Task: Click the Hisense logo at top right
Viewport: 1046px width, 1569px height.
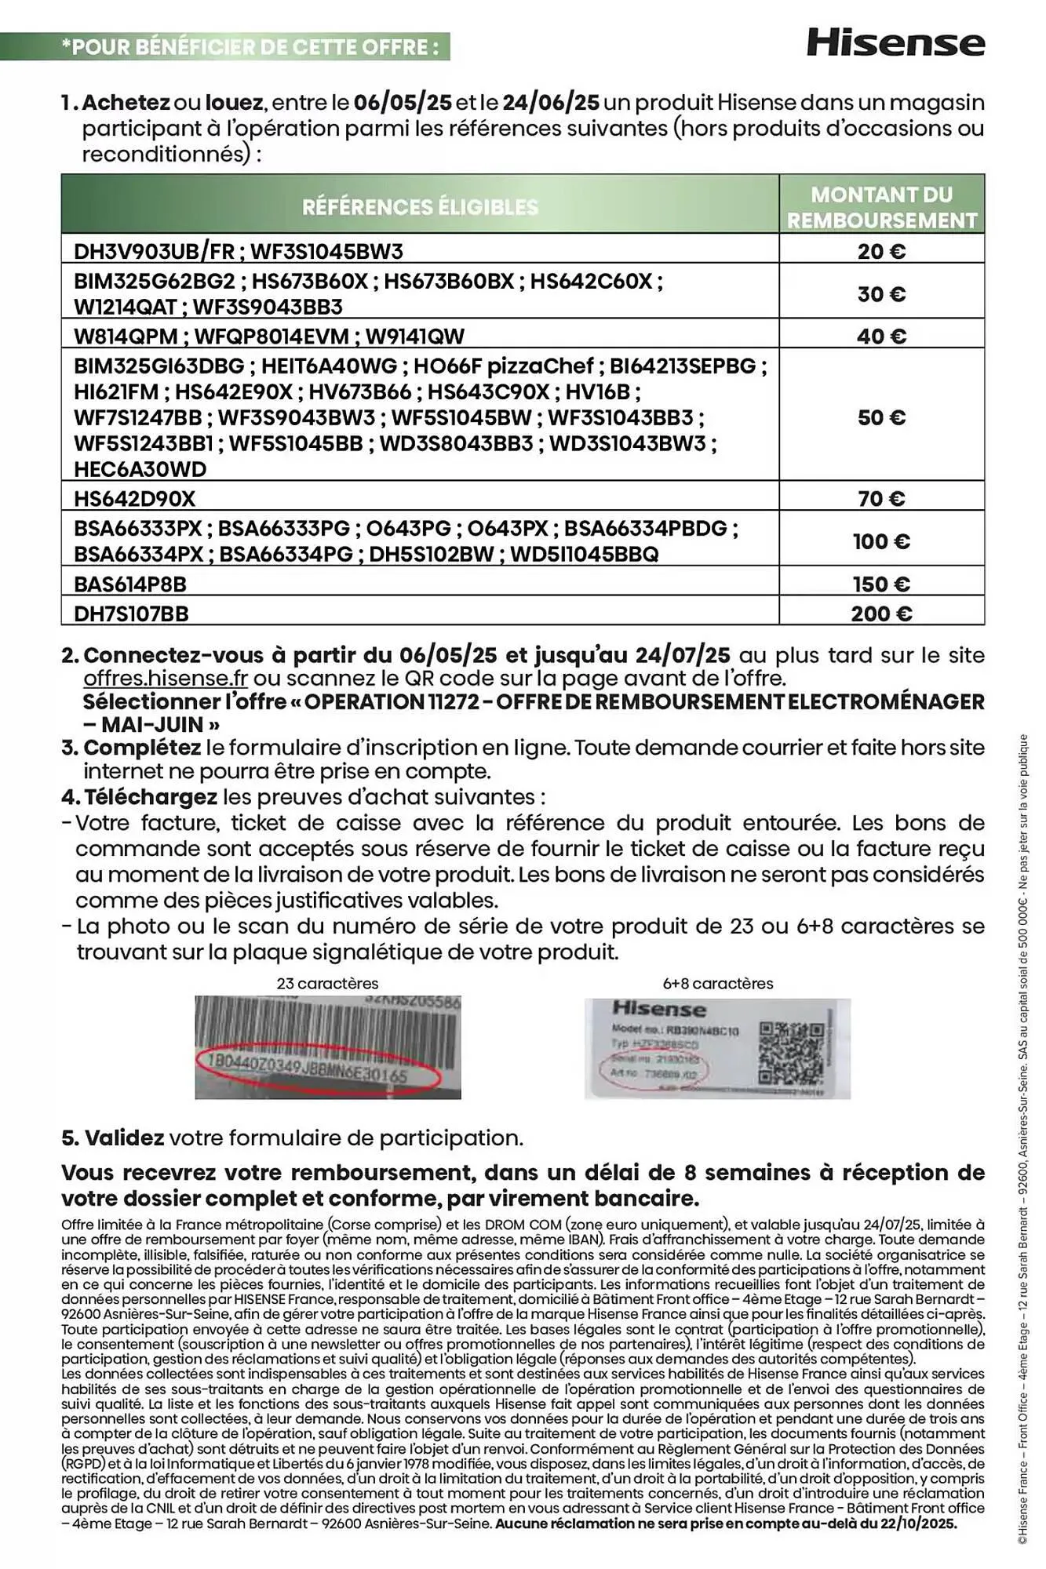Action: (x=895, y=42)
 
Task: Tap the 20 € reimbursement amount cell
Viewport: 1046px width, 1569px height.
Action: (x=881, y=251)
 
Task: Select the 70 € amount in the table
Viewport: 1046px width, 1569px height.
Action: (x=881, y=498)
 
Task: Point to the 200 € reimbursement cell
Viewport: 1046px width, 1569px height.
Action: (x=881, y=613)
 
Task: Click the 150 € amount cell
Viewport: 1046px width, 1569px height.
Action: (x=881, y=584)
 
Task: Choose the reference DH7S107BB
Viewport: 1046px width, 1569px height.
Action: (x=131, y=613)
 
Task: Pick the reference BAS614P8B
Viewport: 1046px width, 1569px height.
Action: (x=130, y=584)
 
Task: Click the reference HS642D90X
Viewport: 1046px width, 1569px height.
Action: (x=134, y=498)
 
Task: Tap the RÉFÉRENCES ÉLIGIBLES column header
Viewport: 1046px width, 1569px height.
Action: (x=420, y=207)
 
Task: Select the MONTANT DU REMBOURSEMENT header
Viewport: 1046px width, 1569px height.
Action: (x=881, y=207)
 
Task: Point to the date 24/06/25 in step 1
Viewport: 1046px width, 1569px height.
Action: (x=551, y=103)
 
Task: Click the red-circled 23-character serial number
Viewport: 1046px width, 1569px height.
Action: (x=318, y=1071)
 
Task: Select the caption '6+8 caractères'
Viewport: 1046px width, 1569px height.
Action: (x=717, y=983)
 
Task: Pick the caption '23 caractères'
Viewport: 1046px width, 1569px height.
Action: (x=327, y=983)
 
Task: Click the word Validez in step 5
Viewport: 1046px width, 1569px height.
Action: (x=124, y=1138)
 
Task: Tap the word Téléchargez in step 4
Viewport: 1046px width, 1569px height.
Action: (x=150, y=797)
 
